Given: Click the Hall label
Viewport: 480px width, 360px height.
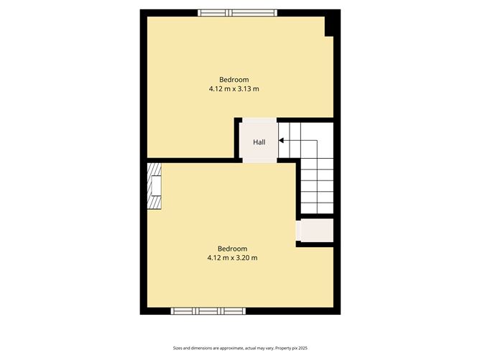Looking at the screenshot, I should click(259, 142).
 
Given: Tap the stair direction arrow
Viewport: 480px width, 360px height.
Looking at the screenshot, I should click(282, 141).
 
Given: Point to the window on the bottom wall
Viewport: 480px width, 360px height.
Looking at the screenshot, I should click(208, 311).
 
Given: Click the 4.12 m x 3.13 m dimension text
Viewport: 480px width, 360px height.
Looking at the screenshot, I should click(234, 89).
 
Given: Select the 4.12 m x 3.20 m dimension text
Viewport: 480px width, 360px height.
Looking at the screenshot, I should click(232, 257).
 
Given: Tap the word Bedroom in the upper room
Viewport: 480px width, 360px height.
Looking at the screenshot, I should click(234, 79).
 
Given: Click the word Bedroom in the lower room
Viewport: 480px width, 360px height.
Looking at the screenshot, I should click(232, 248).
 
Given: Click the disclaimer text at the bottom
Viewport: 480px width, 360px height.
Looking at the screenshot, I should click(240, 348).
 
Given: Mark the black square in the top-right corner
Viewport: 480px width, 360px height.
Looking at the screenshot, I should click(331, 26).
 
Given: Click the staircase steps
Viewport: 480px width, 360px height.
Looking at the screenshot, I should click(316, 180).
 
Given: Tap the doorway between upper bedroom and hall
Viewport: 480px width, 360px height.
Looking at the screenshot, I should click(259, 120).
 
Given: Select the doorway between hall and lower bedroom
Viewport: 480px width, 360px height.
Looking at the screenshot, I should click(259, 161).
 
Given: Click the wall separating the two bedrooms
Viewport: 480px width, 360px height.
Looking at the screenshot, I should click(190, 160).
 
